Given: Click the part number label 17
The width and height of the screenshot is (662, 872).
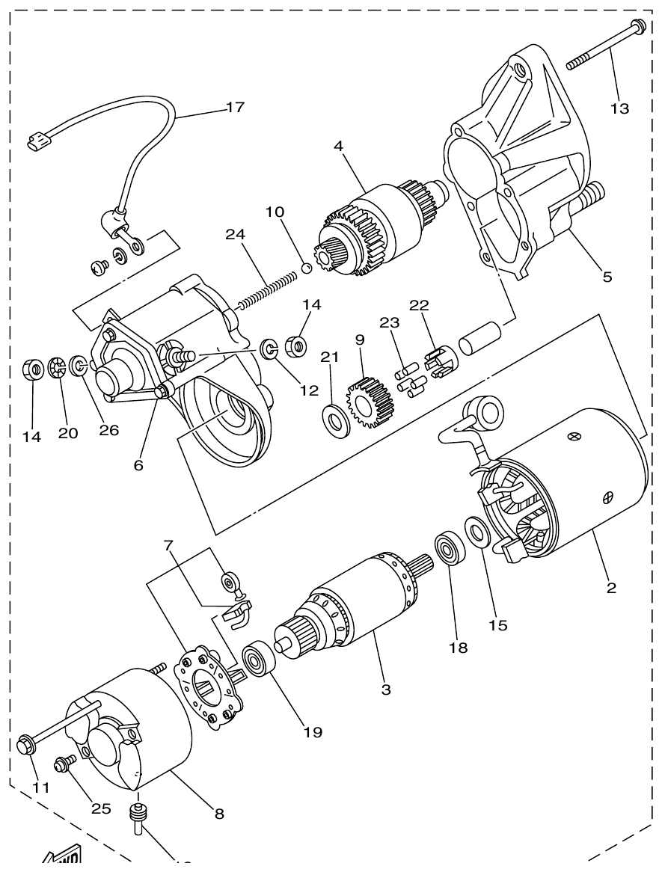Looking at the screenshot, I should pyautogui.click(x=235, y=108).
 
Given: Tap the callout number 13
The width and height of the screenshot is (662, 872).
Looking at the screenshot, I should pyautogui.click(x=619, y=109).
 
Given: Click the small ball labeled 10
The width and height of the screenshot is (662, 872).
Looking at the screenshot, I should pyautogui.click(x=306, y=267).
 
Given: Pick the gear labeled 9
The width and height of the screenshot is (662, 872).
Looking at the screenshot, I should pyautogui.click(x=370, y=405).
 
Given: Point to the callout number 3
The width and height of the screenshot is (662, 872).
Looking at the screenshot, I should pyautogui.click(x=386, y=690).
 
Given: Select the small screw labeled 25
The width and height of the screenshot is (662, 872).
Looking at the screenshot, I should pyautogui.click(x=61, y=764).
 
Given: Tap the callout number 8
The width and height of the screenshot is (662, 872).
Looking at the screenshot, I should pyautogui.click(x=219, y=814).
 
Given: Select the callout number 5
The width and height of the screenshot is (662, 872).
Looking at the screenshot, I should pyautogui.click(x=607, y=277).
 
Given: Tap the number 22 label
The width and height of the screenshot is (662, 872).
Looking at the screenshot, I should pyautogui.click(x=419, y=305).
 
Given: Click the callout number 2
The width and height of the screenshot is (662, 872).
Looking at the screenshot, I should pyautogui.click(x=612, y=588).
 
